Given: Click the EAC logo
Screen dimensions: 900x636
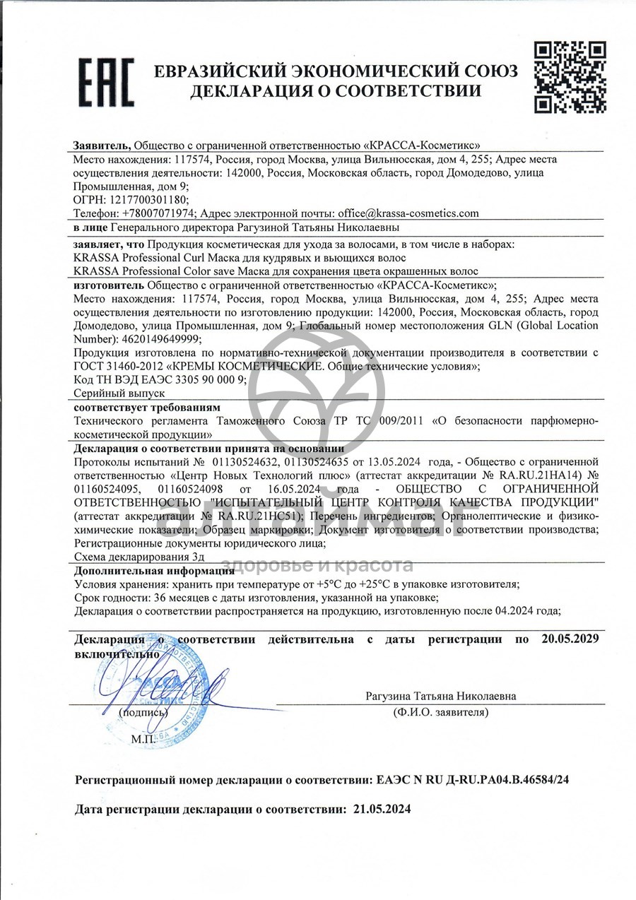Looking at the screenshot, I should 105,82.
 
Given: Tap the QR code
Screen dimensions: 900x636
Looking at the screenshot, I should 569,78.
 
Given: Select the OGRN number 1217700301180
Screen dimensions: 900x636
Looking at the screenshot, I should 148,200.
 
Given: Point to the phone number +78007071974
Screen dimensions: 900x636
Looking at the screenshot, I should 159,213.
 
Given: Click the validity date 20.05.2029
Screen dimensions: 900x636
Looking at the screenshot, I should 570,639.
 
